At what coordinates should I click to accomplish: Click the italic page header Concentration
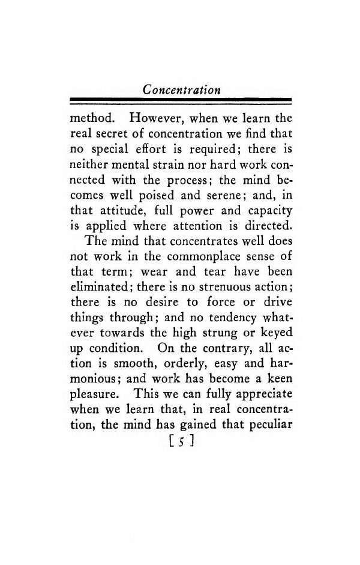coord(181,89)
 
